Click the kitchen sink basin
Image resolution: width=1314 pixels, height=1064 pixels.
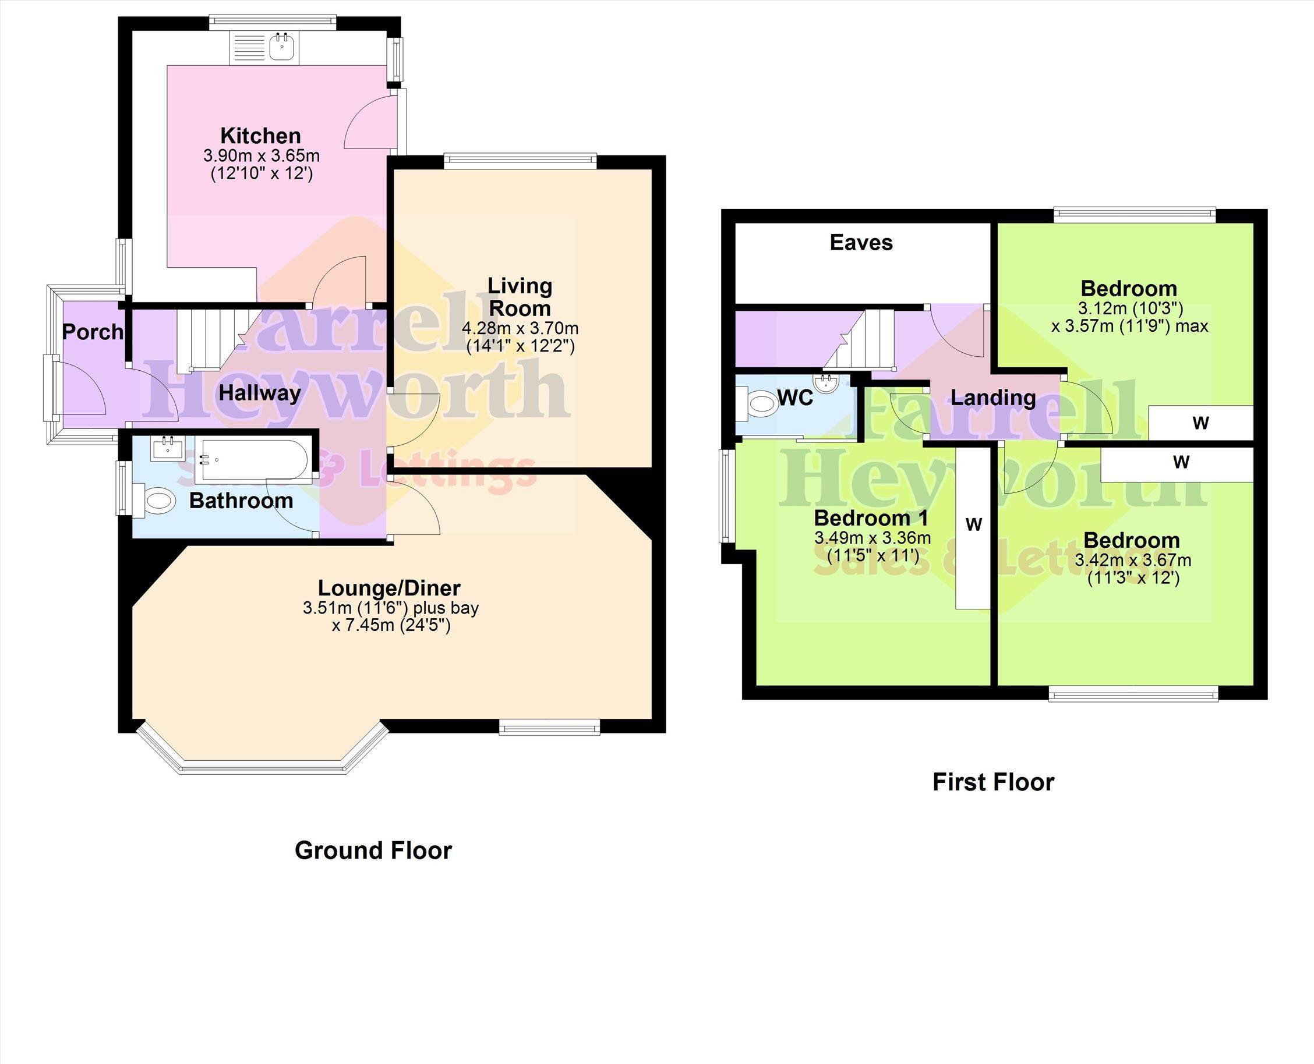pos(282,47)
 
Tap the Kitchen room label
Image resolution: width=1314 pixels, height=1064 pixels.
pos(260,136)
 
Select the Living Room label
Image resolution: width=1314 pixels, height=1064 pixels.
pos(520,297)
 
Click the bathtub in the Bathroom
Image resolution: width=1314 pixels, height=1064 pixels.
pos(253,459)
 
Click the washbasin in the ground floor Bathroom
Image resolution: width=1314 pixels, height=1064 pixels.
pos(167,448)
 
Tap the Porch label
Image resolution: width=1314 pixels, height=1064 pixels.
pos(93,332)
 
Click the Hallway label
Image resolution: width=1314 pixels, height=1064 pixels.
pos(260,393)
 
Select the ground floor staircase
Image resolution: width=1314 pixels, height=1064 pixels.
pos(213,339)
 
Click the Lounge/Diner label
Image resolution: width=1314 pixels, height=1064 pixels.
pos(389,588)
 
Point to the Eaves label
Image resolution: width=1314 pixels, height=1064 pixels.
pos(861,242)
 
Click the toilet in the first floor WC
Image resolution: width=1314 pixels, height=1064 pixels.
pos(758,405)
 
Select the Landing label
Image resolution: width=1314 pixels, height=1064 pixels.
pos(993,398)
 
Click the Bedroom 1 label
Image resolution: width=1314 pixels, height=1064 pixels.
pos(871,518)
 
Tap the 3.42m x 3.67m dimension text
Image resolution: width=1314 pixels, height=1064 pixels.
pos(1133,560)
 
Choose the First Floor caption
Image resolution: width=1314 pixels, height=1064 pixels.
pos(993,783)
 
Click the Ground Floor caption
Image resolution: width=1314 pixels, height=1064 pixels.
pos(373,851)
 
